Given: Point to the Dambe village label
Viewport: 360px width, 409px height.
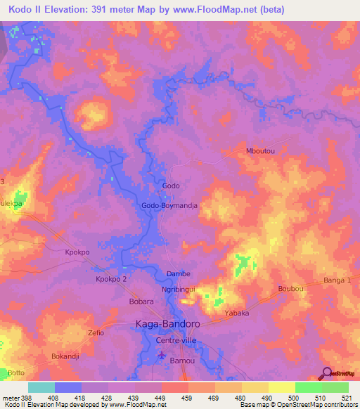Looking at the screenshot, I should pyautogui.click(x=178, y=273).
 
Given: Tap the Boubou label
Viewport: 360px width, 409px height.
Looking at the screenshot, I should pyautogui.click(x=290, y=288).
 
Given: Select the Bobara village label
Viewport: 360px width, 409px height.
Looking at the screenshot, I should pyautogui.click(x=122, y=301).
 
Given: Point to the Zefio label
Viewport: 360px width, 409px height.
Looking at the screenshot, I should pyautogui.click(x=96, y=332).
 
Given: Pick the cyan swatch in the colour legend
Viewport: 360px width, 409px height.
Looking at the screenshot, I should pyautogui.click(x=41, y=387).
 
